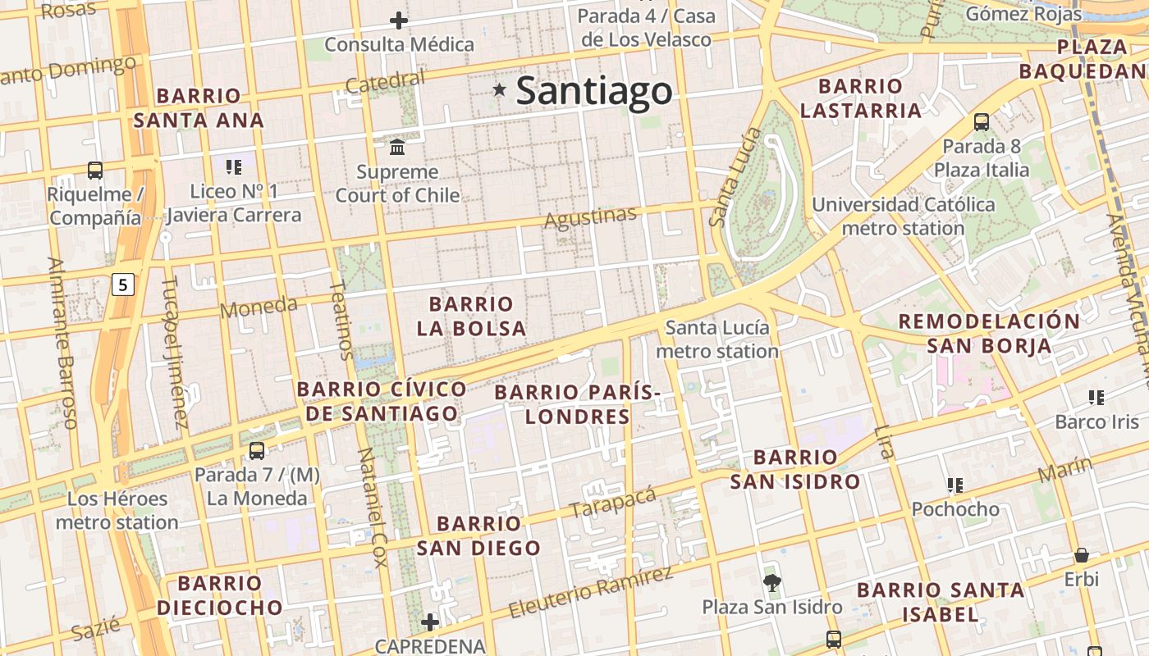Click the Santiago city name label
click(594, 91)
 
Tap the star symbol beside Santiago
click(499, 89)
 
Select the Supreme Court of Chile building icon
click(398, 148)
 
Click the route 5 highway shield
click(123, 285)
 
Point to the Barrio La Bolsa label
click(471, 317)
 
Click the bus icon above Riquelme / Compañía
click(95, 171)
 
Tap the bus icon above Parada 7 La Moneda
click(257, 451)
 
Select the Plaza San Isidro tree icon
click(771, 583)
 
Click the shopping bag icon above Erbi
click(1082, 555)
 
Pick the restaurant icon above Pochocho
click(955, 485)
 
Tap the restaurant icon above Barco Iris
click(1096, 398)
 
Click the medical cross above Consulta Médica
click(400, 20)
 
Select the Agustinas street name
click(591, 217)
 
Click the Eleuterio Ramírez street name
click(591, 593)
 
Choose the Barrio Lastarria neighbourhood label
click(861, 98)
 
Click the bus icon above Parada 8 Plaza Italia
click(982, 123)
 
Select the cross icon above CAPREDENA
click(429, 622)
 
